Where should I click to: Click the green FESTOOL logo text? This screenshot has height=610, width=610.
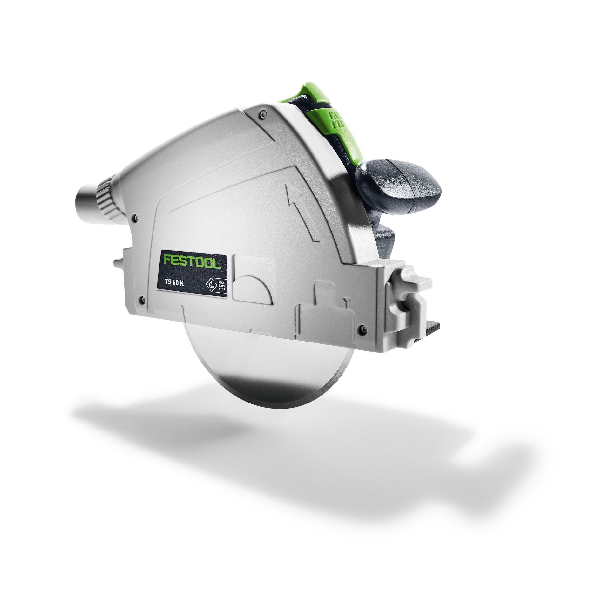(x=193, y=255)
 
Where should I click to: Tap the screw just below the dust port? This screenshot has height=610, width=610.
(x=136, y=218)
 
